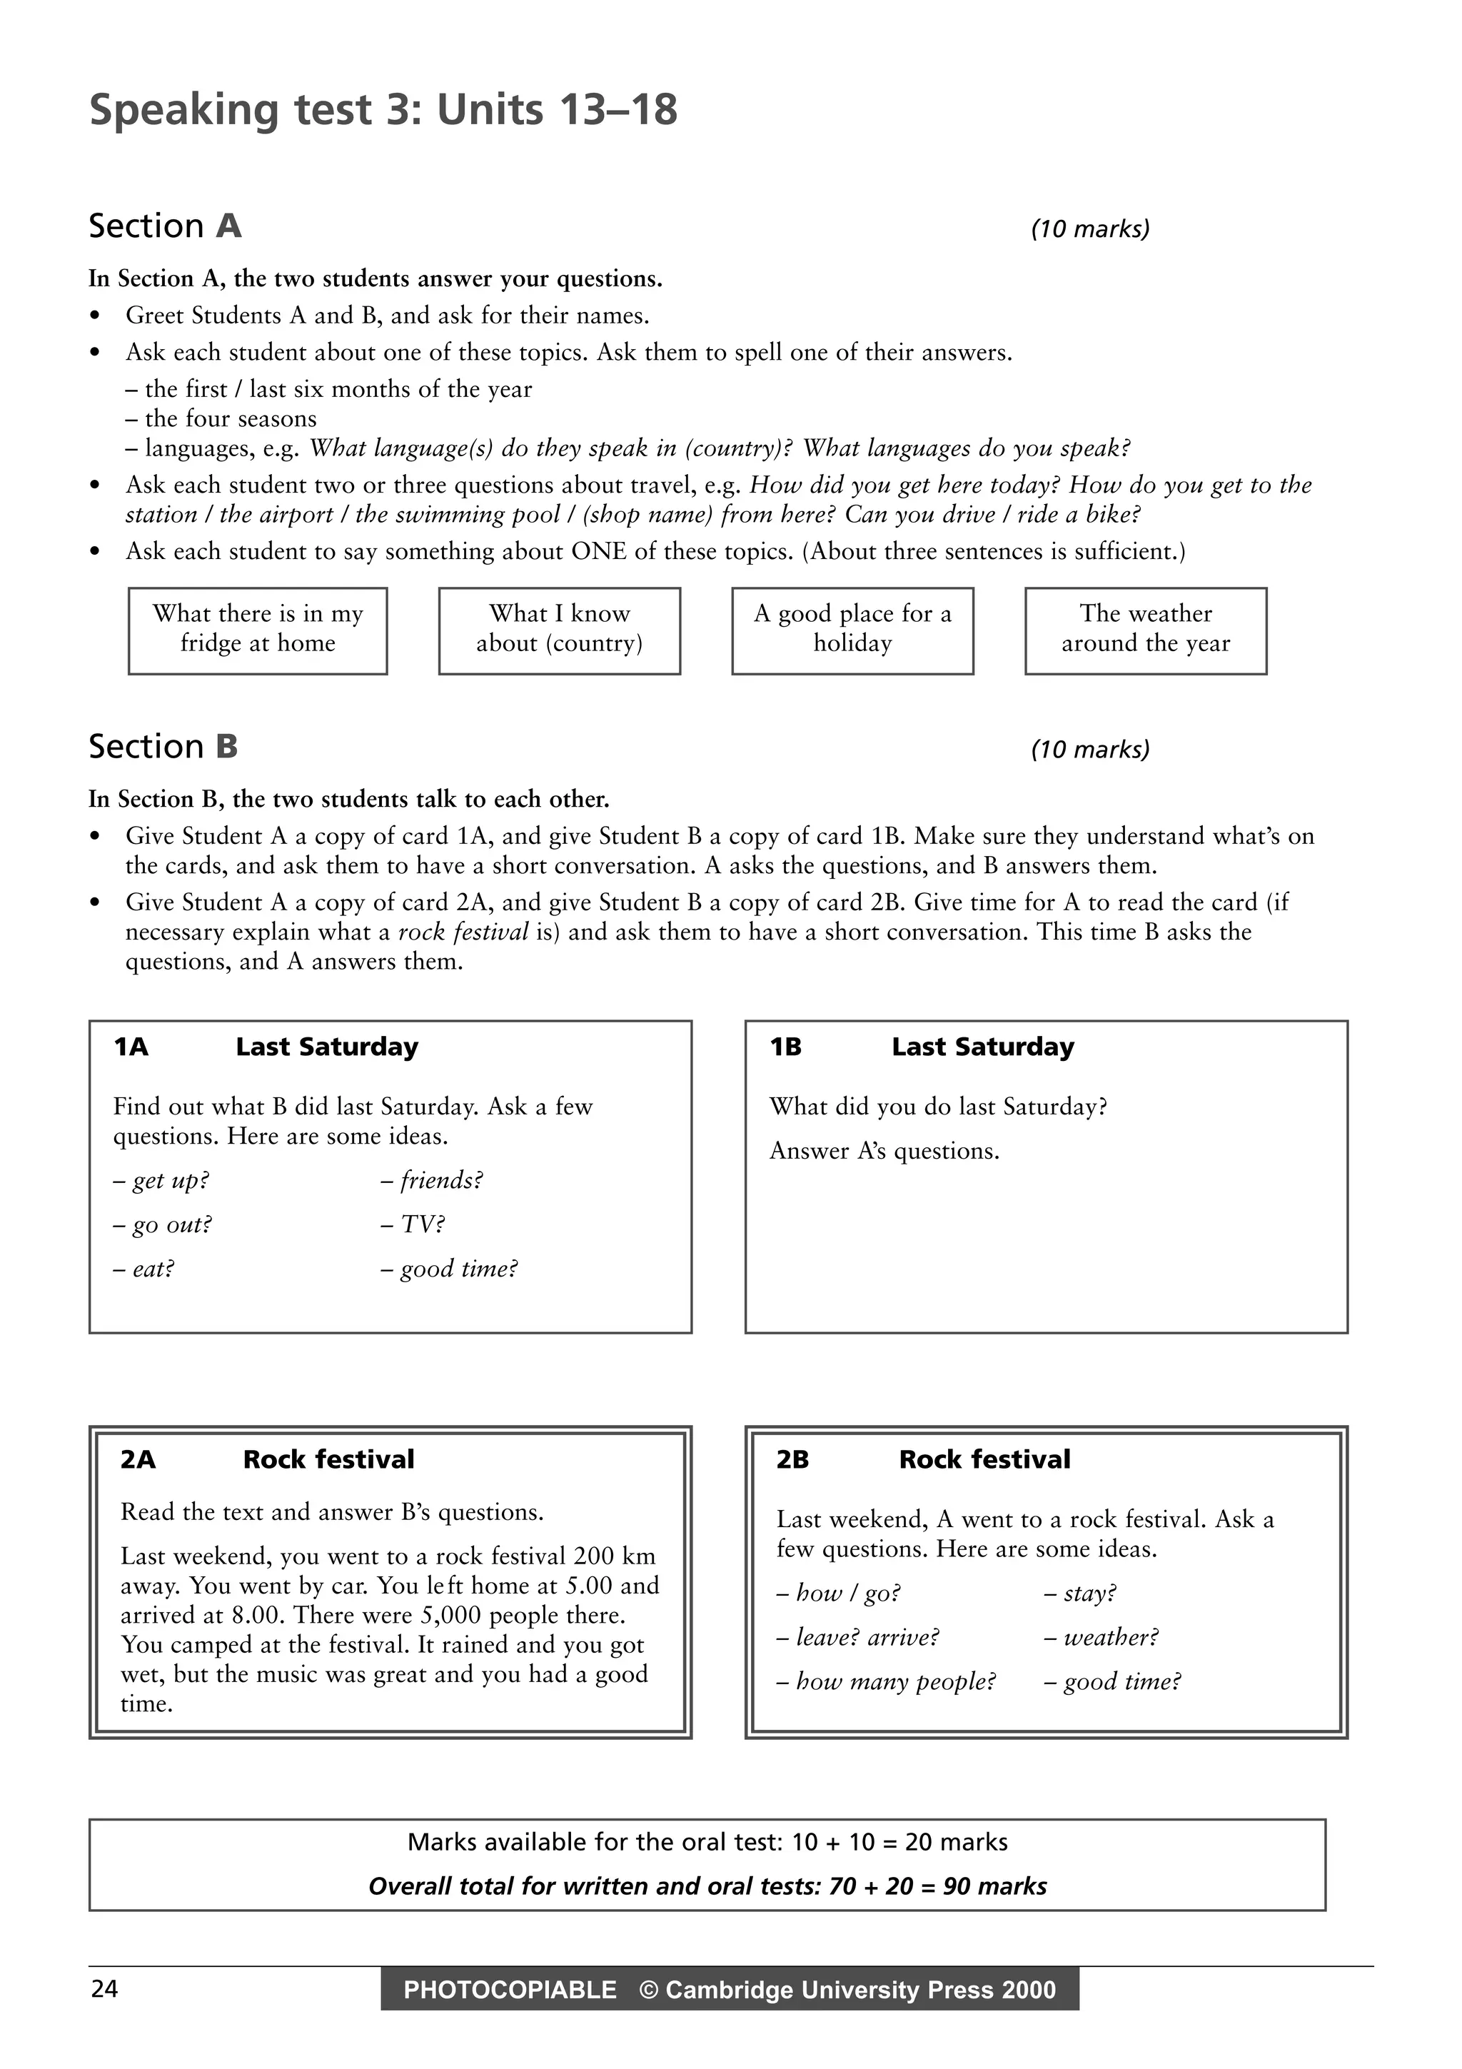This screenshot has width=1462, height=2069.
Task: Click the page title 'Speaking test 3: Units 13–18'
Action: (383, 110)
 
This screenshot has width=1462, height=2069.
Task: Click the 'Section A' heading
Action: (165, 226)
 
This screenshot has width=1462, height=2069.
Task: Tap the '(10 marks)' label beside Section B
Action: (1090, 749)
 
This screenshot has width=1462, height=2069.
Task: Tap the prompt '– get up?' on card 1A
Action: (161, 1180)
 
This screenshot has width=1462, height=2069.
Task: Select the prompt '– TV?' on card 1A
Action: (413, 1224)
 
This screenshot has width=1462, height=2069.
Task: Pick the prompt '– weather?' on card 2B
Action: (1101, 1637)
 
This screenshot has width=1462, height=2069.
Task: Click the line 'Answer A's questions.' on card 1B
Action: (884, 1151)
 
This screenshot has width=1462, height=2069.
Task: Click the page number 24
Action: (104, 1989)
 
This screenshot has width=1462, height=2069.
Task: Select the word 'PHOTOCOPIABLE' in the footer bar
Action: (510, 1990)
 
